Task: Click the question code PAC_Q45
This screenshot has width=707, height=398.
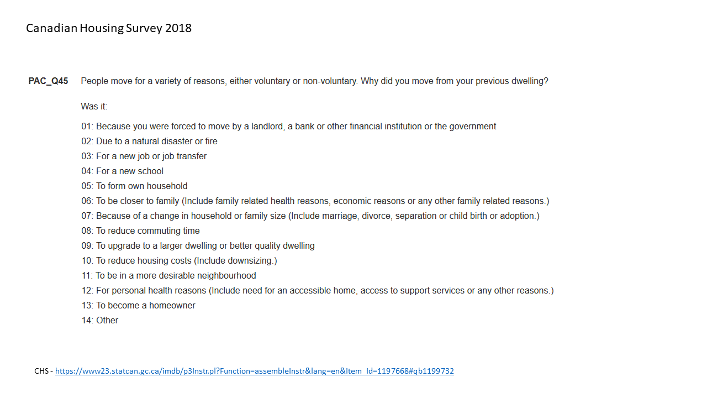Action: coord(48,81)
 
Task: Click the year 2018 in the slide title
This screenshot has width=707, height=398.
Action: coord(178,28)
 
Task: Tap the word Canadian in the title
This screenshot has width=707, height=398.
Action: coord(51,28)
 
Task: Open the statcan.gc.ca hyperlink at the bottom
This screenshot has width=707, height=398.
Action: coord(254,371)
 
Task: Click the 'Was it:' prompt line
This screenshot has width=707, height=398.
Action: coord(94,106)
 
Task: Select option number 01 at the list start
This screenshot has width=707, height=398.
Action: coord(87,127)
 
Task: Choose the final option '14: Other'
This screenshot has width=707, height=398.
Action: coord(100,321)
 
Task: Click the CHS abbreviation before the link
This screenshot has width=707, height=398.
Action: coord(41,371)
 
